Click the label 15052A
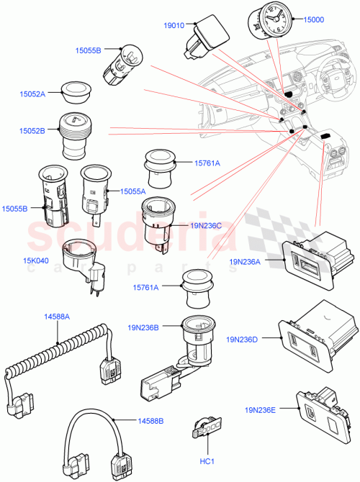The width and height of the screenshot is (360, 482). (x=32, y=94)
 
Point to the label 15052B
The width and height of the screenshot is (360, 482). (x=32, y=131)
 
